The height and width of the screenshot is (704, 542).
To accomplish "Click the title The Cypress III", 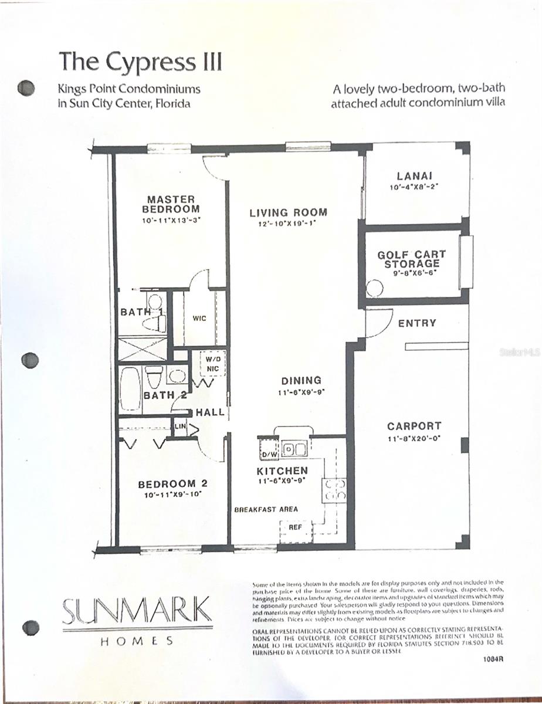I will [x=140, y=60].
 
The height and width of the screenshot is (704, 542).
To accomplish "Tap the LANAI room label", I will [x=414, y=175].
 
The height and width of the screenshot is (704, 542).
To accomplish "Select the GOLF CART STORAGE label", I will [x=411, y=259].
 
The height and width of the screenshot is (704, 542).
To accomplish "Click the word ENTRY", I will [x=417, y=323].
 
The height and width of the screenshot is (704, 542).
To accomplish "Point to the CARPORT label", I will [x=414, y=426].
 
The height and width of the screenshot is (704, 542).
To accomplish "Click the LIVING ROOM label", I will [x=288, y=212].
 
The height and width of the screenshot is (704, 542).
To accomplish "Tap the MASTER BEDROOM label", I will [x=171, y=204].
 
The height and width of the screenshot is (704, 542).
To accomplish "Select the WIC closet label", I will [x=199, y=319].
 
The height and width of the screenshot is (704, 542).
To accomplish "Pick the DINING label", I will [x=301, y=381].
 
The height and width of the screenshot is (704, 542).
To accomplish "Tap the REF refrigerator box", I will [x=294, y=527].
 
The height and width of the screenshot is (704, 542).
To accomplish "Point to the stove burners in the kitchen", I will [x=333, y=490].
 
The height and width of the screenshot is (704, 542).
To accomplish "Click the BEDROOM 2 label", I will [x=173, y=485].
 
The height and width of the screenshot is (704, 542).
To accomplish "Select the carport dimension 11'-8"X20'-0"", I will [x=414, y=438].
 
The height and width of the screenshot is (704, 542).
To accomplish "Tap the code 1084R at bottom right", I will [x=492, y=659].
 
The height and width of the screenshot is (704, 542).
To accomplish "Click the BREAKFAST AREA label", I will [x=266, y=509].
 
